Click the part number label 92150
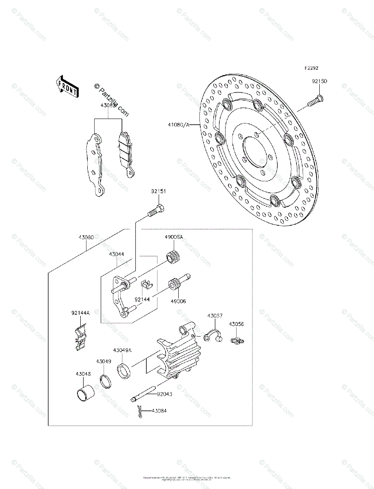pos(319,81)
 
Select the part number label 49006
pos(178,301)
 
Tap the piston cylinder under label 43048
pos(85,392)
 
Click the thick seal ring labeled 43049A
pos(124,371)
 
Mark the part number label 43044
pos(116,254)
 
